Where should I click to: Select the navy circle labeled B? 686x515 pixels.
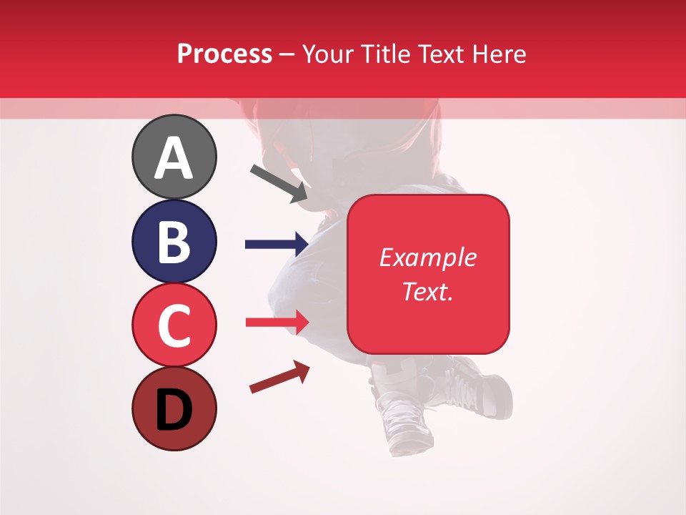[x=174, y=241]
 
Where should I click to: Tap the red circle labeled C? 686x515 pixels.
[x=174, y=325]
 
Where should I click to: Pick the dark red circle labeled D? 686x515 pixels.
[x=174, y=408]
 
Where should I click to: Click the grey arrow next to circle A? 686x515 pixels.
[x=279, y=182]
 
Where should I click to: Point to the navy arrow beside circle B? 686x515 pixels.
[x=277, y=245]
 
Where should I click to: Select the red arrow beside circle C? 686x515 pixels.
[x=277, y=322]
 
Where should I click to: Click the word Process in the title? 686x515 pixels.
[x=224, y=54]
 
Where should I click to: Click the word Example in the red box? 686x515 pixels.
[x=427, y=257]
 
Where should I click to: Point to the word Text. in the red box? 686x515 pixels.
[x=427, y=291]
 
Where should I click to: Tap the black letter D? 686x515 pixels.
[x=174, y=411]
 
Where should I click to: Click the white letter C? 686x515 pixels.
[x=174, y=325]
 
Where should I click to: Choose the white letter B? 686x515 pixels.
[x=174, y=242]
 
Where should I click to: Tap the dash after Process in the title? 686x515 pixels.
[x=287, y=54]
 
